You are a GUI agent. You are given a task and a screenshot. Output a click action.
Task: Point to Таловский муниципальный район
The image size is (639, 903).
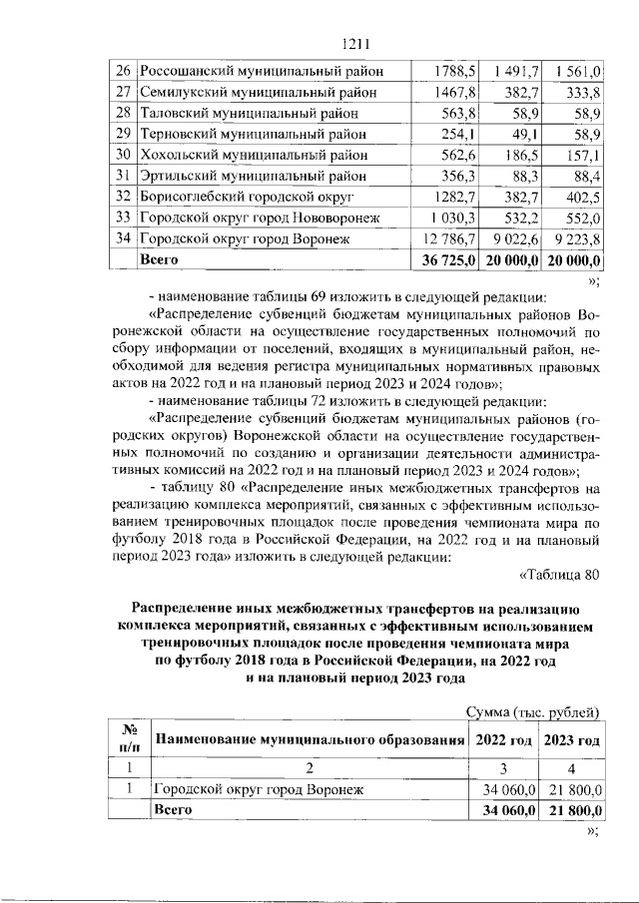239,114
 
